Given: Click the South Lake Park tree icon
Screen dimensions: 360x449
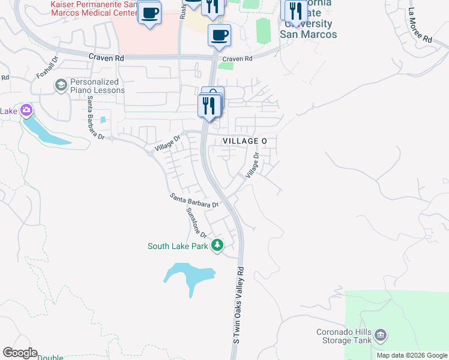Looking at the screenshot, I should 217,245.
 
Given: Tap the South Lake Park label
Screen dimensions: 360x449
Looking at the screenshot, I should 178,246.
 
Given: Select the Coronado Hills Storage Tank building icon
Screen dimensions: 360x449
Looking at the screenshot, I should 380,335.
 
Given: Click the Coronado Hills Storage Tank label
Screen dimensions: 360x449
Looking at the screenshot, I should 343,337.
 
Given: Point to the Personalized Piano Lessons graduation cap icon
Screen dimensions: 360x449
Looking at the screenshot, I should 61,86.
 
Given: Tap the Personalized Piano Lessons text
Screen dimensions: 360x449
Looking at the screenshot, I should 97,86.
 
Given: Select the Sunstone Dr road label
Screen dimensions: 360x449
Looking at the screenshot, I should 196,223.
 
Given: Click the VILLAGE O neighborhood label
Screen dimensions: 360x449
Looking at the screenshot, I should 245,140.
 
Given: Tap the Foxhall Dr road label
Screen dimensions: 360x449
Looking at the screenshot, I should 46,67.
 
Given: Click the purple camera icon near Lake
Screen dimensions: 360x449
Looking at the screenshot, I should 26,110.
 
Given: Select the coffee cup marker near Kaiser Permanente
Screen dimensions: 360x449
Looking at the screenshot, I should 149,12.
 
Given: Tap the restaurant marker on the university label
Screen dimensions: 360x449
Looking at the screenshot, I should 295,10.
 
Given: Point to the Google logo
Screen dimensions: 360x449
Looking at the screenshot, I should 20,353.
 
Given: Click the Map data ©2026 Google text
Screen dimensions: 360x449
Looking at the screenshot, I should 412,355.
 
